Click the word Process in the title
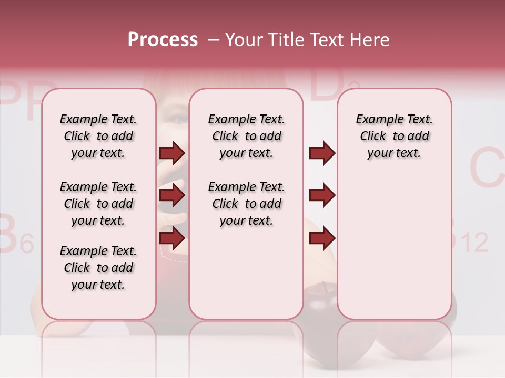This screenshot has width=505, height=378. tap(163, 40)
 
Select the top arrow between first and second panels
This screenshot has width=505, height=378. tap(172, 153)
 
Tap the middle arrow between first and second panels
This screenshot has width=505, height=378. tap(172, 196)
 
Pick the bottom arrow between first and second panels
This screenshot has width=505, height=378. tap(172, 238)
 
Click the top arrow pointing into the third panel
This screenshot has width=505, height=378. tap(322, 153)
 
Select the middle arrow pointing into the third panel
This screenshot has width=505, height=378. tap(322, 196)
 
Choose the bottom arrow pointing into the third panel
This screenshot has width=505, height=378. tap(322, 238)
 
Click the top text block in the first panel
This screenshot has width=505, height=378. tap(98, 136)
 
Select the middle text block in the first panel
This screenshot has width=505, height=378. tap(98, 204)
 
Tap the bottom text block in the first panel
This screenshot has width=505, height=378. tap(98, 268)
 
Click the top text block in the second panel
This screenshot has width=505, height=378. tap(246, 136)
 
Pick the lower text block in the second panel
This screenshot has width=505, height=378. tap(246, 204)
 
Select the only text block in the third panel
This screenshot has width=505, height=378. tap(394, 136)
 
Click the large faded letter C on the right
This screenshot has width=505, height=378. tap(487, 168)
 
